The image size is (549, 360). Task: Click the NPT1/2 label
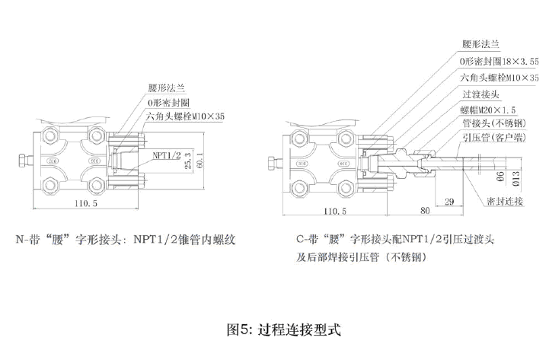[166, 155]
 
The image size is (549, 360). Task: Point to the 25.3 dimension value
[189, 159]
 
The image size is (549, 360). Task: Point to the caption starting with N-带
[126, 240]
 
